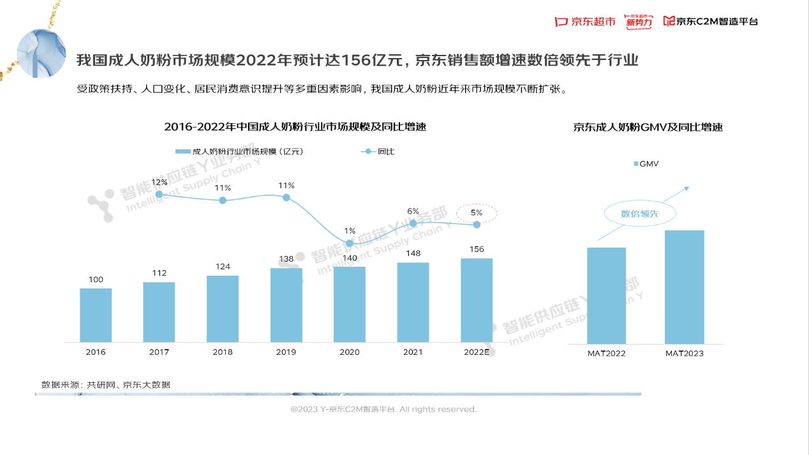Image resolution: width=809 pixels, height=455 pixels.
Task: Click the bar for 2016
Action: pos(96,315)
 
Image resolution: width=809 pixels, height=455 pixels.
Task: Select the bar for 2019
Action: pos(286,305)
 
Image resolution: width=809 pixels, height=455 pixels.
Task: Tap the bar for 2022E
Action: pos(477,300)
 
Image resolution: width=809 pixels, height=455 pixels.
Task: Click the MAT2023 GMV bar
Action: pos(684,287)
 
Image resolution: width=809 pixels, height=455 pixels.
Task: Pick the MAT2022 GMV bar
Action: pos(606,295)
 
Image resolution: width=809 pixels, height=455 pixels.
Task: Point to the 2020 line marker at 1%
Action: pos(350,243)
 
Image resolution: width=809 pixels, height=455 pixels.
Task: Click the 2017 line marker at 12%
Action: pos(159,194)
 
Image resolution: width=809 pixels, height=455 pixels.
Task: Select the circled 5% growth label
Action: pos(477,213)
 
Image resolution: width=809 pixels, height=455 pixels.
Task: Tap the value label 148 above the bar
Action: pos(413,253)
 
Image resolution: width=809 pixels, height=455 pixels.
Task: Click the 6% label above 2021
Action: pos(413,211)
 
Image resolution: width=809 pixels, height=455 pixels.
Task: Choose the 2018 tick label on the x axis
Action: pos(223,352)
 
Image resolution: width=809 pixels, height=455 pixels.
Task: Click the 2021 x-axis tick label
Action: pos(413,352)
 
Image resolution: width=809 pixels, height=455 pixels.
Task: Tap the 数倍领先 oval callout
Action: pos(639,214)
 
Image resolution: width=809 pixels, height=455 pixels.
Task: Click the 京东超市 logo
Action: pos(585,22)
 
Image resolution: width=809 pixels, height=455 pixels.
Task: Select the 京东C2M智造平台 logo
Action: pos(711,22)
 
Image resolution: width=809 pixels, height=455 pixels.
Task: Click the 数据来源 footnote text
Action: pos(106,385)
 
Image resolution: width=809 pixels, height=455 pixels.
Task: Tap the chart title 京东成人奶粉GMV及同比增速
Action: pos(648,128)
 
